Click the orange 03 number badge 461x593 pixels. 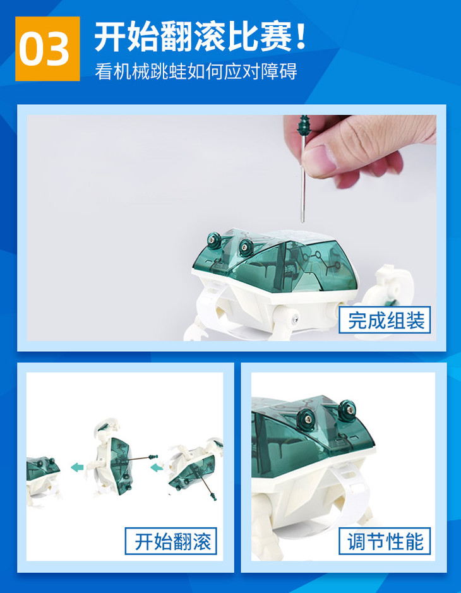pos(47,49)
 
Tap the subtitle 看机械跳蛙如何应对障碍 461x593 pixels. pos(196,71)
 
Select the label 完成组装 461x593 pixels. pos(385,320)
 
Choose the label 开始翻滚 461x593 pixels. pos(171,541)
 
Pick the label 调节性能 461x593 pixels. pos(385,541)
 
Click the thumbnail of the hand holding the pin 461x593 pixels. pos(231,228)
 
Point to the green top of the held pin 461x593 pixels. pos(303,125)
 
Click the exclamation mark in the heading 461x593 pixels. pos(301,37)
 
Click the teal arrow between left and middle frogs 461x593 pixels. pos(77,467)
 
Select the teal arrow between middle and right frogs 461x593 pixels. pos(157,468)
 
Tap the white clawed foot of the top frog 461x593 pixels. pos(196,331)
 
